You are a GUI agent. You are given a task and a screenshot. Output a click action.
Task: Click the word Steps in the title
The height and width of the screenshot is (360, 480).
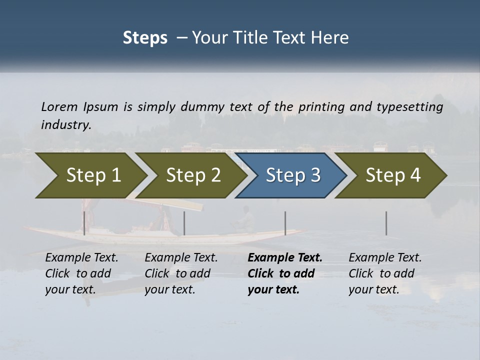click(x=145, y=38)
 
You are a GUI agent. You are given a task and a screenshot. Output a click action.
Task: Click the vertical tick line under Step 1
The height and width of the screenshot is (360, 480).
click(x=84, y=223)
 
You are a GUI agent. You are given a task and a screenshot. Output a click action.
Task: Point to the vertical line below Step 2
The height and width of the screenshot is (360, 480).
click(x=184, y=223)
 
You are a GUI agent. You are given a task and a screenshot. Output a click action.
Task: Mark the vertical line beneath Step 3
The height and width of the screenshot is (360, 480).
click(x=285, y=223)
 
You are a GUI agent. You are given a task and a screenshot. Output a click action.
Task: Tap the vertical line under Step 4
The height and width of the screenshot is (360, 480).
click(x=386, y=223)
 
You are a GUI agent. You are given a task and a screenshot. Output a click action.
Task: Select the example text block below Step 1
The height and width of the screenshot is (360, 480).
click(x=81, y=273)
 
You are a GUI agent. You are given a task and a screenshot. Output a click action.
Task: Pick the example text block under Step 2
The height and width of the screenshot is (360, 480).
click(x=181, y=273)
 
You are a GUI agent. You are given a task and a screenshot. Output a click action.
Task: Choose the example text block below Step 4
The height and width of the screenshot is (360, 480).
click(x=385, y=273)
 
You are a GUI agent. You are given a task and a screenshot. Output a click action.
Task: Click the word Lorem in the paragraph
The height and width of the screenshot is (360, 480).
click(x=59, y=107)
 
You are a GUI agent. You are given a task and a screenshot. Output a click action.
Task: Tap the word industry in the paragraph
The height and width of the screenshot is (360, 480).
click(x=65, y=125)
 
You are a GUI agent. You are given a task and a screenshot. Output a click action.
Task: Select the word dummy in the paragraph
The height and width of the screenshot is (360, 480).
click(x=202, y=107)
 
